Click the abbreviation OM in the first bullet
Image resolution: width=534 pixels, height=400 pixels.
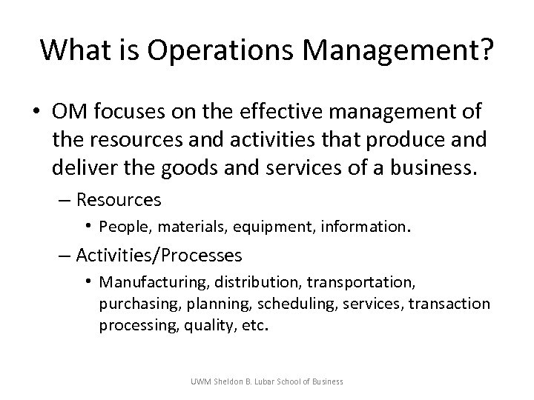pyautogui.click(x=67, y=112)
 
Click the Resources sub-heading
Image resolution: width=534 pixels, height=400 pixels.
pyautogui.click(x=119, y=200)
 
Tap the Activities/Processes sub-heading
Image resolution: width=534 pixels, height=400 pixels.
pyautogui.click(x=159, y=256)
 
